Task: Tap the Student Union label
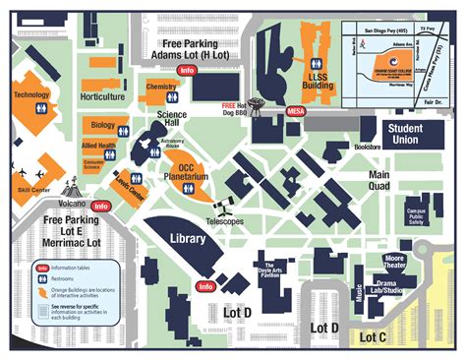[412, 135]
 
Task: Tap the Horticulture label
[102, 97]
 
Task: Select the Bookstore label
[367, 147]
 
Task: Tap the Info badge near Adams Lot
[187, 71]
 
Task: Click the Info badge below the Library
[205, 286]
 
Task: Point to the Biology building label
[102, 126]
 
